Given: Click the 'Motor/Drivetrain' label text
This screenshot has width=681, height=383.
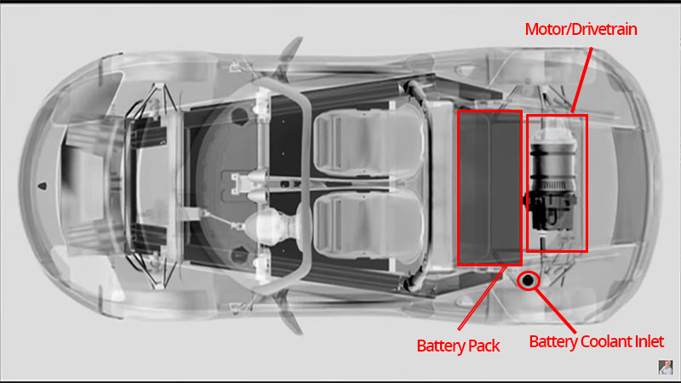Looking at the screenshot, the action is [x=581, y=29].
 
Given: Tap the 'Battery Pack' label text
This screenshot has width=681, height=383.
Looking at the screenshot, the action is [x=458, y=346].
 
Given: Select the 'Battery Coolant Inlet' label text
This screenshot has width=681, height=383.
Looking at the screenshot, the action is [x=596, y=341].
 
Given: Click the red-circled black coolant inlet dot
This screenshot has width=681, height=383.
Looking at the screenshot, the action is [x=528, y=281].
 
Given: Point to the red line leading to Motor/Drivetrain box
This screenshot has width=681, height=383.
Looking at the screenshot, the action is [x=581, y=80].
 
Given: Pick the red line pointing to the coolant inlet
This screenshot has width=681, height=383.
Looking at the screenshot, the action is [x=556, y=311].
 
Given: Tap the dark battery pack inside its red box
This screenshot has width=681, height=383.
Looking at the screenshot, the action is [x=489, y=187].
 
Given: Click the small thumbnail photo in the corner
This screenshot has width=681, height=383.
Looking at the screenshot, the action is [x=666, y=367].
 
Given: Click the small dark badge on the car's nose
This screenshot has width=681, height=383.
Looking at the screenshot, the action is [x=43, y=186].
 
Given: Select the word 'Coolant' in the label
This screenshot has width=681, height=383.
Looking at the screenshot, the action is [x=606, y=341].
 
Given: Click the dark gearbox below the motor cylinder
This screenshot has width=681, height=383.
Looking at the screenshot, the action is [x=552, y=212].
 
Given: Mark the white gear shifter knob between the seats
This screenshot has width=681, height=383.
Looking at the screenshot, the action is [x=260, y=225].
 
